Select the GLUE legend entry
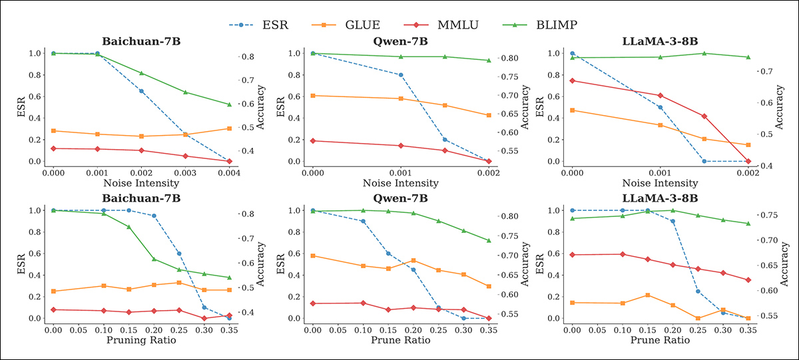[x=364, y=25]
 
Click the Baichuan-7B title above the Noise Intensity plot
[x=141, y=41]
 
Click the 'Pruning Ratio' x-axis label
[x=141, y=340]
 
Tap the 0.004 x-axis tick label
[x=229, y=172]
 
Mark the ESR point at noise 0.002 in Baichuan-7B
[x=141, y=91]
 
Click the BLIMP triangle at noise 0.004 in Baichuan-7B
[x=229, y=104]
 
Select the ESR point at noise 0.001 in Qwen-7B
[x=400, y=75]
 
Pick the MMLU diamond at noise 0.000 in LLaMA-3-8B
[x=572, y=81]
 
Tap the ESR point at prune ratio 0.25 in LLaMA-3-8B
[x=698, y=291]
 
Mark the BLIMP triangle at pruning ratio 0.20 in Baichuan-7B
[x=154, y=259]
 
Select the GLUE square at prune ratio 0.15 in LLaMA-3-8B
[x=648, y=295]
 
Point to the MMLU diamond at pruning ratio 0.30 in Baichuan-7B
[x=204, y=318]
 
